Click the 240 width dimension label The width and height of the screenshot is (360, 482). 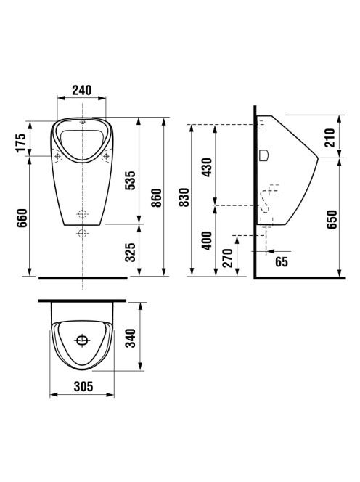[x=82, y=90]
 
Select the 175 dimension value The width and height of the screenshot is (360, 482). [x=21, y=142]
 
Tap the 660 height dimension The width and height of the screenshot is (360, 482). [x=22, y=218]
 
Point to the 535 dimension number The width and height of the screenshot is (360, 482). [x=130, y=181]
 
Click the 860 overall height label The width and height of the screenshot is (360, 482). [x=157, y=197]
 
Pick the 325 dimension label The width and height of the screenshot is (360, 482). [x=131, y=252]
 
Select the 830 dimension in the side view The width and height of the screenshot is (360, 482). [x=184, y=197]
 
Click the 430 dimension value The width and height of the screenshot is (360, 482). [x=207, y=167]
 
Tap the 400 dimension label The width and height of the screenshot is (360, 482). [x=207, y=240]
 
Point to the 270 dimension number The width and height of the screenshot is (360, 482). [x=228, y=258]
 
